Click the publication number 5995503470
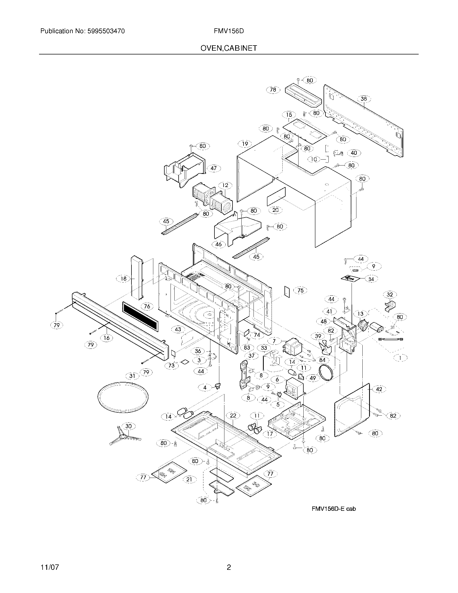[106, 31]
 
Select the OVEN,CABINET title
[228, 48]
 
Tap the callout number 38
[364, 99]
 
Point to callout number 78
[273, 89]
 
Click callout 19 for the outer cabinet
[245, 144]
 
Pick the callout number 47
[214, 168]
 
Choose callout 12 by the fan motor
[225, 185]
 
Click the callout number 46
[218, 244]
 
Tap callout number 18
[123, 279]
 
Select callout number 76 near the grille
[147, 306]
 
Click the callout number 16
[106, 338]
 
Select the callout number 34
[371, 279]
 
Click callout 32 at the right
[390, 295]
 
